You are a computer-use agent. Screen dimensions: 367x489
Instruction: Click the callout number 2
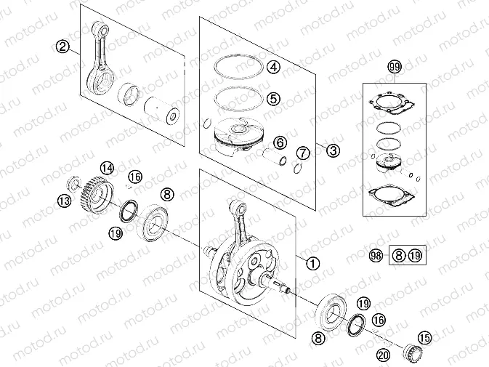tap(63, 47)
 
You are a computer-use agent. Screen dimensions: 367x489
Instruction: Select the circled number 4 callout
tap(273, 68)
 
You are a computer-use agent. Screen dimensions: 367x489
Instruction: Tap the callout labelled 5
tap(273, 97)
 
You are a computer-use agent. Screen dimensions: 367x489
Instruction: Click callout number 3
tap(332, 151)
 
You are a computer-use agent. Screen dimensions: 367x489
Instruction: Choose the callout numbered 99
tap(395, 68)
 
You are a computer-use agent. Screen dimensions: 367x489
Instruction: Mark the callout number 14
tap(107, 169)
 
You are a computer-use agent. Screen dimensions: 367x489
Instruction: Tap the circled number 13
tap(65, 201)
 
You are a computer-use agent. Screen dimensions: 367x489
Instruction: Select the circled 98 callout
tap(375, 256)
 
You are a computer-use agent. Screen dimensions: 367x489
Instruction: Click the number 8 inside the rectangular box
tap(398, 256)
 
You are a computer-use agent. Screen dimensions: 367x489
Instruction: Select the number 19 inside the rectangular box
tap(414, 256)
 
